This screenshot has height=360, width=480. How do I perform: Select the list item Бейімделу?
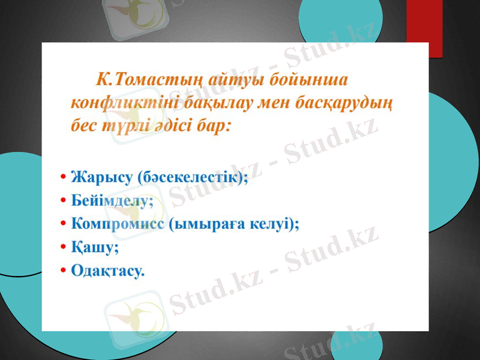(112, 200)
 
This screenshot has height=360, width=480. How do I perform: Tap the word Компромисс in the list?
(117, 224)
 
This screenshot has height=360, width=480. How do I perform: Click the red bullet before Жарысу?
(63, 178)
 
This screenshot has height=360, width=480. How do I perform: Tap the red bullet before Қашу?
(63, 247)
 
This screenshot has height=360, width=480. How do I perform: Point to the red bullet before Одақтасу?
(63, 271)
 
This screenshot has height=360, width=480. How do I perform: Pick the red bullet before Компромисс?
(63, 224)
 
